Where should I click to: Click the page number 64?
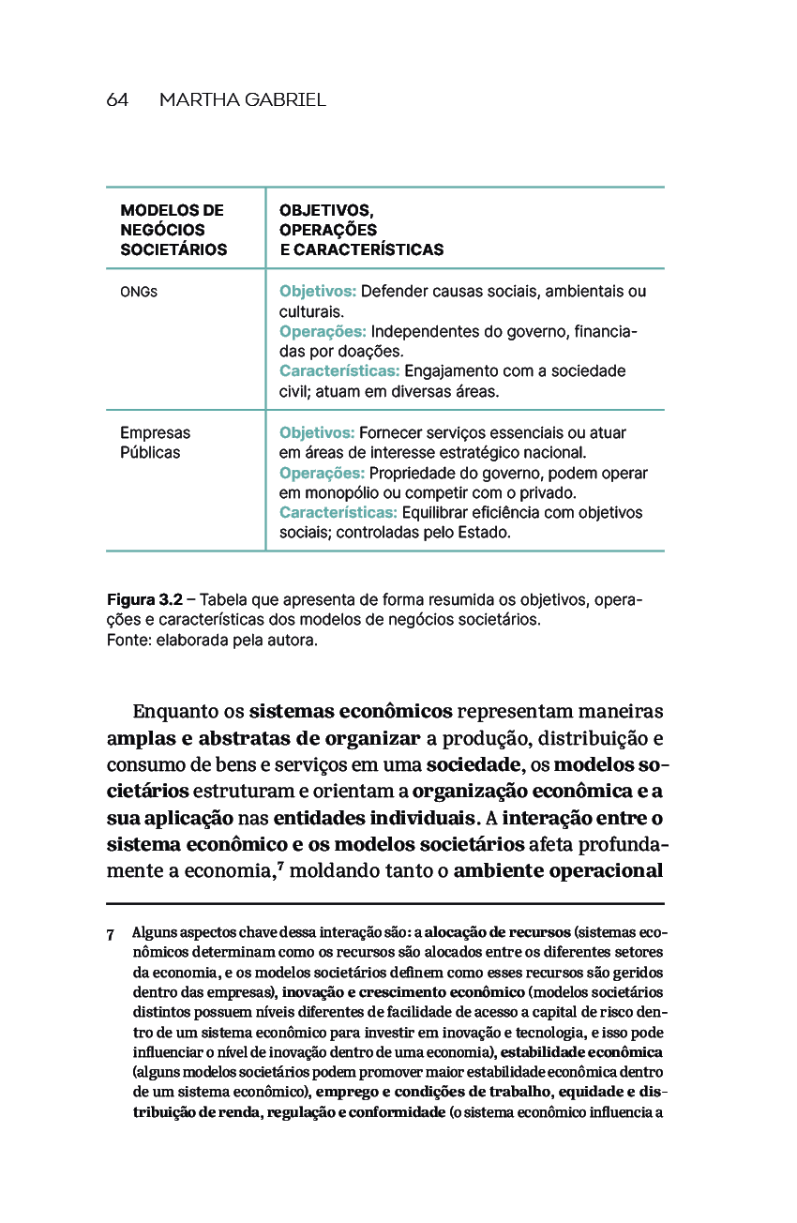[x=117, y=100]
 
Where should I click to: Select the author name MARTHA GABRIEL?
[x=243, y=100]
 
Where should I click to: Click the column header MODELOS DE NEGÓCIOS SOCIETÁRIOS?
[x=173, y=230]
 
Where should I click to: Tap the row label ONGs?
[x=138, y=292]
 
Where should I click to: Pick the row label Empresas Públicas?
[x=155, y=443]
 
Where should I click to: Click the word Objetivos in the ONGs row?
[x=316, y=292]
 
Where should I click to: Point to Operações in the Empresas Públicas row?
[x=322, y=473]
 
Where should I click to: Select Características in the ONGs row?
[x=339, y=371]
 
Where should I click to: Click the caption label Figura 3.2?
[x=144, y=599]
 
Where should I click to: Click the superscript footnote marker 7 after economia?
[x=279, y=863]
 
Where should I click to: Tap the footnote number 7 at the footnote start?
[x=111, y=934]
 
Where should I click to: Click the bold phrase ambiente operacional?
[x=559, y=870]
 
